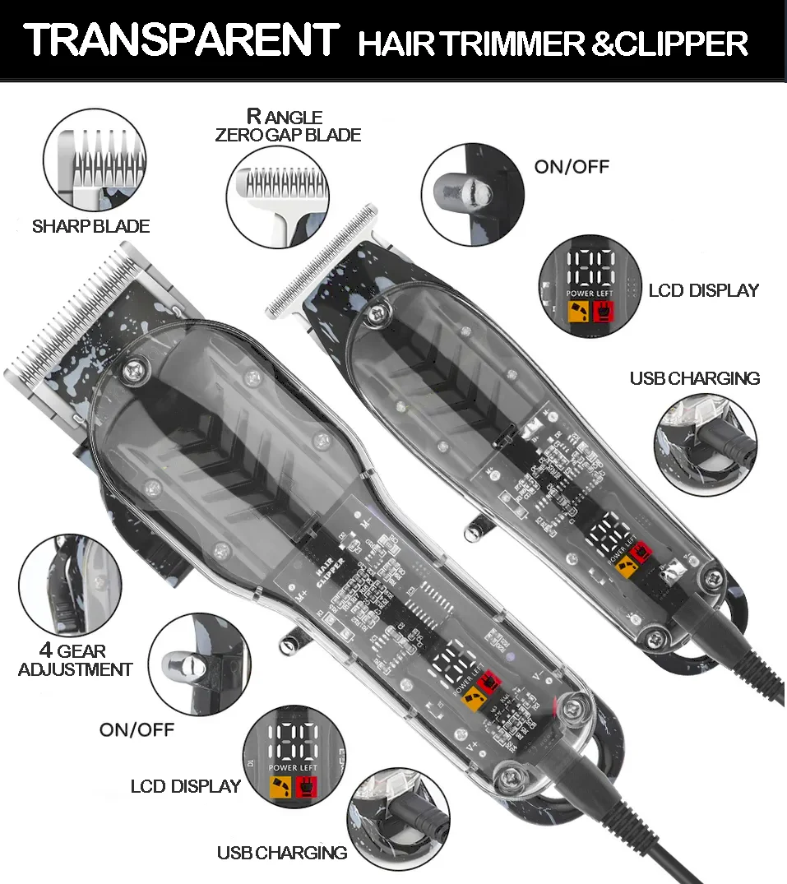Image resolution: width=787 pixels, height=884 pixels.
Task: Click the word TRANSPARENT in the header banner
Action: coord(181,39)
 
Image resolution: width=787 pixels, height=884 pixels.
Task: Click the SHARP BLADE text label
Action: coord(90,226)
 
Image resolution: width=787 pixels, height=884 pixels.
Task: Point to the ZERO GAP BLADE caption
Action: coord(288,135)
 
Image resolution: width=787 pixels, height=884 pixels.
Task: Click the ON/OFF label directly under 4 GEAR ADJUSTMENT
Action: coord(137,729)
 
